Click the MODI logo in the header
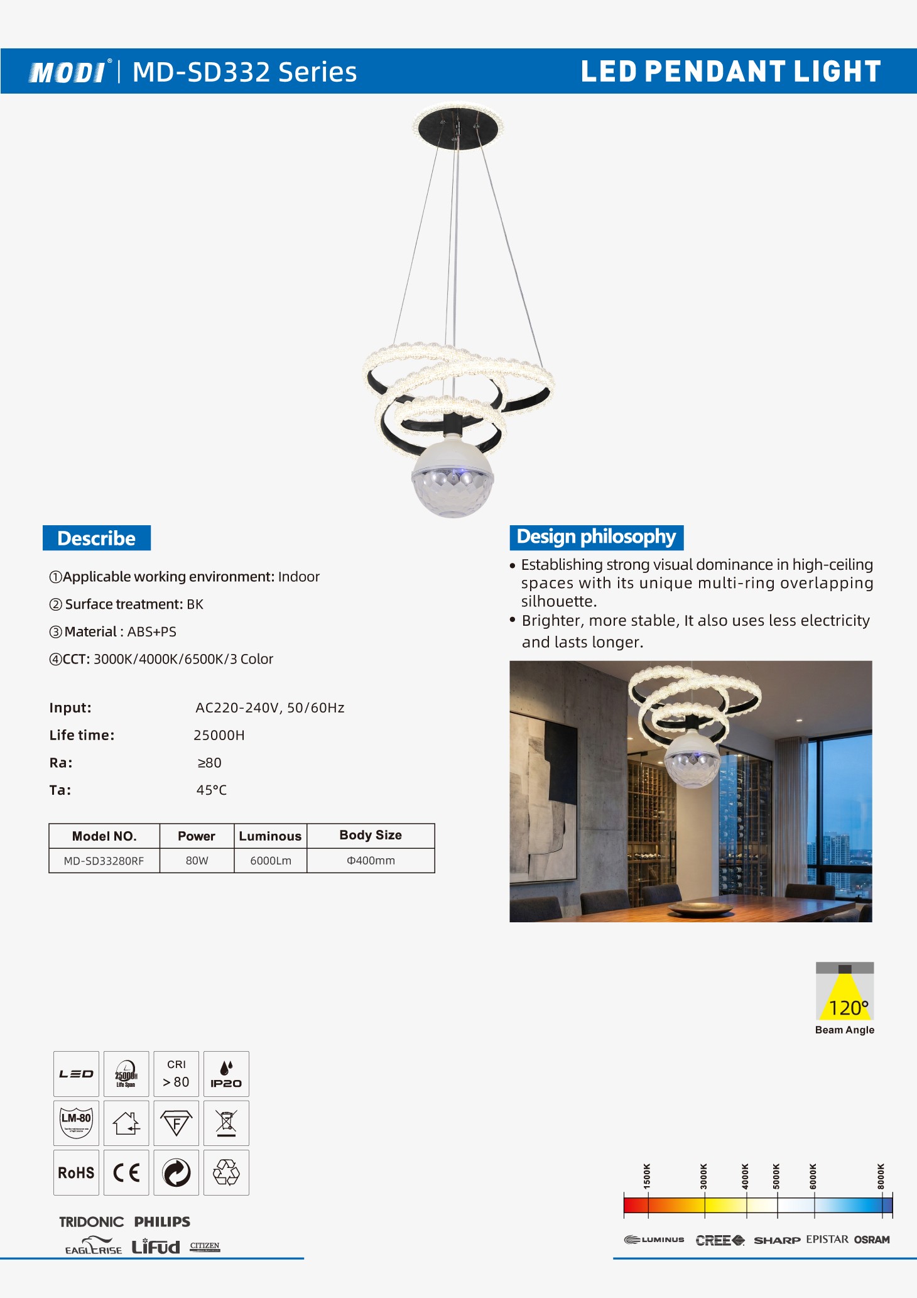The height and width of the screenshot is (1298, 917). [x=68, y=72]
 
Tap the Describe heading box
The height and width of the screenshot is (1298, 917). [x=97, y=538]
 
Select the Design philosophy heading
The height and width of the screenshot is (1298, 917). [x=596, y=537]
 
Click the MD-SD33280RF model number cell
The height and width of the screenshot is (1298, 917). [x=104, y=861]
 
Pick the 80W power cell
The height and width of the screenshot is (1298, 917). [x=197, y=861]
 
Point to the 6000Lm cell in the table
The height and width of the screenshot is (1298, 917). [x=271, y=861]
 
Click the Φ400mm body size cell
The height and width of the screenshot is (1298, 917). [x=371, y=861]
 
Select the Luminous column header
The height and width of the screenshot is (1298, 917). [x=270, y=836]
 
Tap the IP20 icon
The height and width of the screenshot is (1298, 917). [x=226, y=1074]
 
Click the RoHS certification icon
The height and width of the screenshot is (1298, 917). [x=76, y=1173]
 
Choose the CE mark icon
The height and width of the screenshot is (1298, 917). [x=126, y=1173]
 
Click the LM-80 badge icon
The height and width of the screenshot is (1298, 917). [x=76, y=1123]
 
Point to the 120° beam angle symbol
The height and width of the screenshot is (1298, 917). [x=845, y=991]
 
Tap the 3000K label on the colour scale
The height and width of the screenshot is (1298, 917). [x=703, y=1176]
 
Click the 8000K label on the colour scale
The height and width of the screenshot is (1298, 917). [x=881, y=1176]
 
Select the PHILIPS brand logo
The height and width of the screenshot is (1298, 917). [x=162, y=1222]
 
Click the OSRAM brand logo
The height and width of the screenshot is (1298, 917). [x=872, y=1240]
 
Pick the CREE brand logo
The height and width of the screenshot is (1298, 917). [x=720, y=1240]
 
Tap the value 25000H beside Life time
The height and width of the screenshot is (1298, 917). [x=219, y=735]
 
